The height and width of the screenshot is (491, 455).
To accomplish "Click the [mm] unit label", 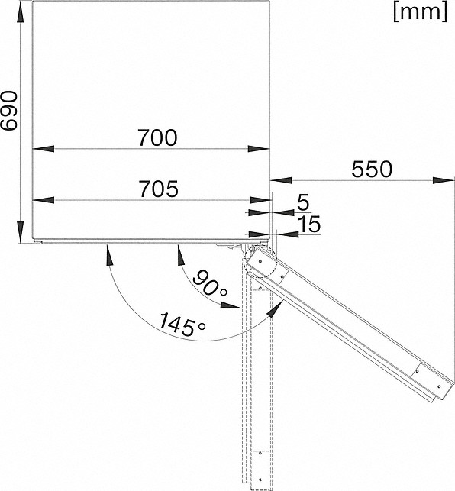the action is [420, 12].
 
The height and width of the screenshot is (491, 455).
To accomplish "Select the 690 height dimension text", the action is [8, 111].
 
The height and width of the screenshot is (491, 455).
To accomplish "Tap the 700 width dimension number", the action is [157, 137].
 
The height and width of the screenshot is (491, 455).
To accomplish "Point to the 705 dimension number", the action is [159, 189].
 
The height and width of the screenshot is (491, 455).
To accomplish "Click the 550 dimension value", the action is [371, 169].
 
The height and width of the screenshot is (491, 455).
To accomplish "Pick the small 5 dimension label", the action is [303, 202].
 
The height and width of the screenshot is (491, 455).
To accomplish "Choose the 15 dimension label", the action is [309, 224].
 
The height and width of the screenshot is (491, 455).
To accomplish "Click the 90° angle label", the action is [209, 283].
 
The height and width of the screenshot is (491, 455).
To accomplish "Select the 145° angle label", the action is [182, 325].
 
